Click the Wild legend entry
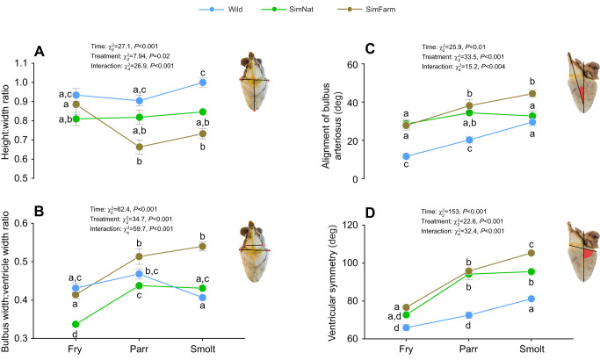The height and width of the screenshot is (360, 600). click(x=220, y=9)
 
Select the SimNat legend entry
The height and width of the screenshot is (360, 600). click(x=287, y=9)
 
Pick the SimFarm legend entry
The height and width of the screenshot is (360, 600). click(x=366, y=9)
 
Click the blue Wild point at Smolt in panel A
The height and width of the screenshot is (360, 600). click(x=203, y=83)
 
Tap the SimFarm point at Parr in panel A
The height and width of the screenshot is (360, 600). click(x=140, y=147)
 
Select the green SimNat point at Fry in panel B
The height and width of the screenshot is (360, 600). click(x=76, y=324)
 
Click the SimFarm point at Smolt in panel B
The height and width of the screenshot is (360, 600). click(x=203, y=247)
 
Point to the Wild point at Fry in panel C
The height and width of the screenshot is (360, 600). click(x=406, y=156)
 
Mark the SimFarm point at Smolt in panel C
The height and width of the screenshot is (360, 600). click(x=531, y=94)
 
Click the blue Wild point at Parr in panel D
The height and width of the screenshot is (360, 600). click(x=469, y=315)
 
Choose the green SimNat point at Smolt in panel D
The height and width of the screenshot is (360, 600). click(x=531, y=271)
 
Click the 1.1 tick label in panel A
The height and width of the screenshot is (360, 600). click(x=21, y=63)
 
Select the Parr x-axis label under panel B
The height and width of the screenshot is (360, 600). click(x=139, y=349)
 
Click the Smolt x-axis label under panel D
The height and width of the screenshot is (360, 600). click(x=531, y=349)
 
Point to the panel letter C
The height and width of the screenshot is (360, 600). click(x=370, y=49)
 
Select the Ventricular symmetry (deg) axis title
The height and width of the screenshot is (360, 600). click(x=332, y=283)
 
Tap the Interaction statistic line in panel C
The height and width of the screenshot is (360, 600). click(x=463, y=67)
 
